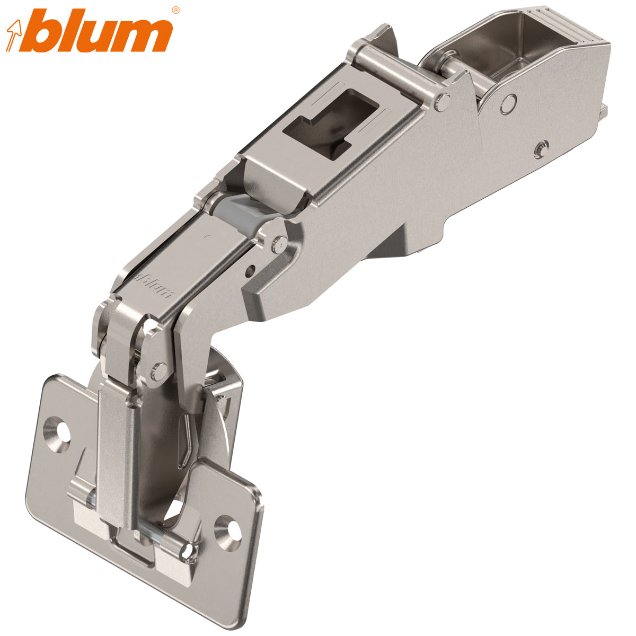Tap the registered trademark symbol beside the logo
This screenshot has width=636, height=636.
(x=176, y=10)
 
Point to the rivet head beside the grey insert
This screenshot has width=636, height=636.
(x=277, y=244)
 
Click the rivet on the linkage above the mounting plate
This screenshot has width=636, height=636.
(x=157, y=371)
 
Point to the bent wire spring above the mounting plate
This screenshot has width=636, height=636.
(x=185, y=440)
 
